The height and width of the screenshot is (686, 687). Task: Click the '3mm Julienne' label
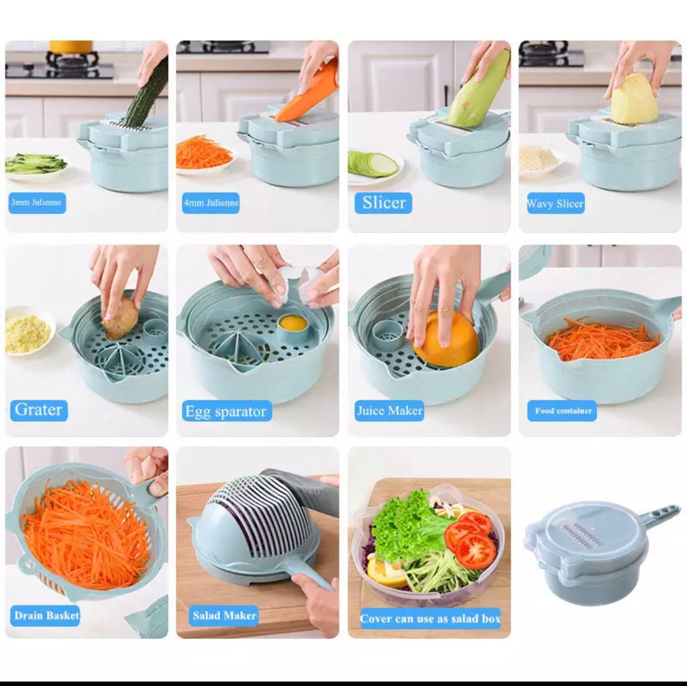coord(38,203)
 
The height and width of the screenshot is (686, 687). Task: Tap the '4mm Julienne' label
coord(211,203)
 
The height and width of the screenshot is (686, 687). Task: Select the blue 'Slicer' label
coord(383,203)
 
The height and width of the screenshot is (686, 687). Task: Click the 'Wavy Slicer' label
coord(556,203)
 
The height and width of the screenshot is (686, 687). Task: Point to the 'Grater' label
coord(38,410)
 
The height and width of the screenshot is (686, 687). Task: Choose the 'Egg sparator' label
coord(227,411)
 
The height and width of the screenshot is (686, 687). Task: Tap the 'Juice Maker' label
coord(389,410)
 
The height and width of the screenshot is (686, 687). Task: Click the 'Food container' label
coord(562,411)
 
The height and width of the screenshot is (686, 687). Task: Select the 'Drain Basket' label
coord(46,616)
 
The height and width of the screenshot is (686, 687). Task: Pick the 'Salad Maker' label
coord(224,616)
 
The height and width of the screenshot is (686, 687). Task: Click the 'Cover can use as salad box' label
coord(430,618)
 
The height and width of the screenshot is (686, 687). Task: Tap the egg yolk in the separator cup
coord(293,323)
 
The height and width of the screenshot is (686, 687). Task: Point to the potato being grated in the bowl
coord(120,318)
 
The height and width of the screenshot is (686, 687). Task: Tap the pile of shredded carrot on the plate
coord(203,153)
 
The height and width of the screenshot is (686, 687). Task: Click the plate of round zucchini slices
coord(372,164)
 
